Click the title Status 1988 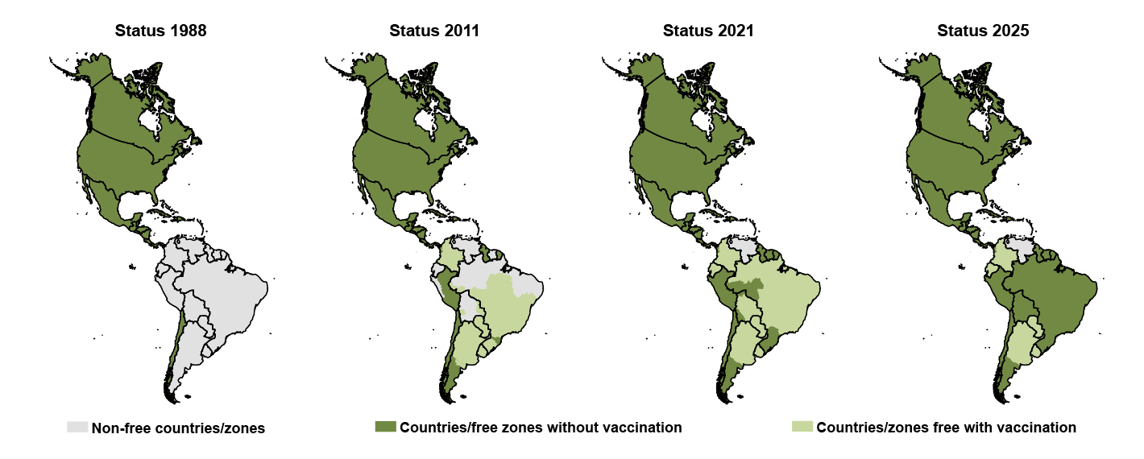160,31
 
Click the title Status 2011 434,31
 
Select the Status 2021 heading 708,31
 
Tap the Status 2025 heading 982,31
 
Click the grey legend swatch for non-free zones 77,427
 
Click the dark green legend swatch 386,427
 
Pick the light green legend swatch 802,427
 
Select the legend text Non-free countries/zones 178,428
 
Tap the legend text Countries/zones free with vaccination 946,428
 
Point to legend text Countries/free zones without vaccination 541,428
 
